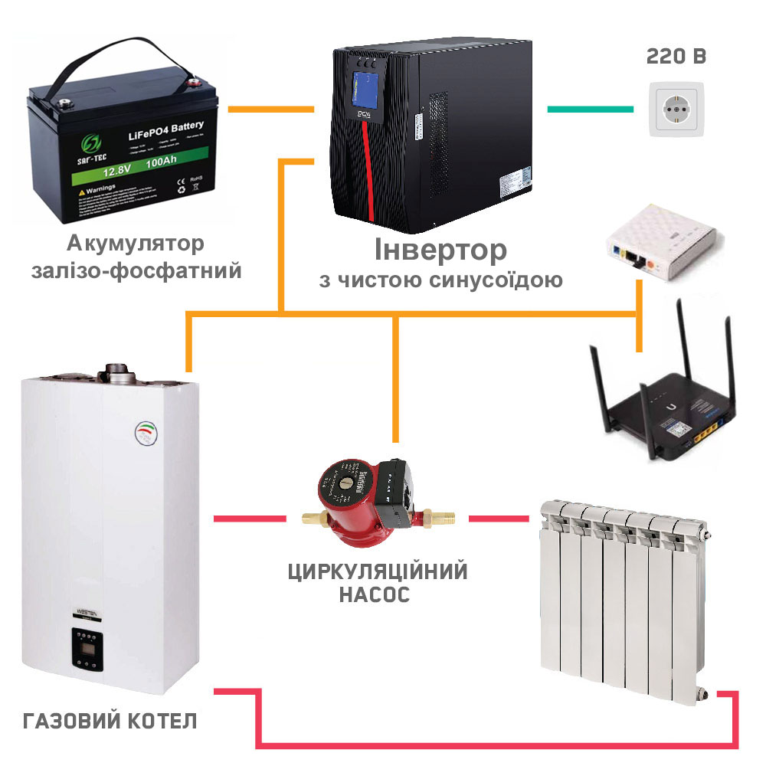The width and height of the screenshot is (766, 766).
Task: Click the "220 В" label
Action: [x=676, y=57]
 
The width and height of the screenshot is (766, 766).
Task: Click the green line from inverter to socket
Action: [x=589, y=109]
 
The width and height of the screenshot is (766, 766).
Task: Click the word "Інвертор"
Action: [x=440, y=250]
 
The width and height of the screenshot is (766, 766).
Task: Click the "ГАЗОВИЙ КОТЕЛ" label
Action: [x=110, y=721]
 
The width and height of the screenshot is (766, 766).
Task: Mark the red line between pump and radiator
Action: [x=499, y=519]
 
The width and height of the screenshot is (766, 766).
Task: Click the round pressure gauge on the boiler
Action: [x=146, y=433]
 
